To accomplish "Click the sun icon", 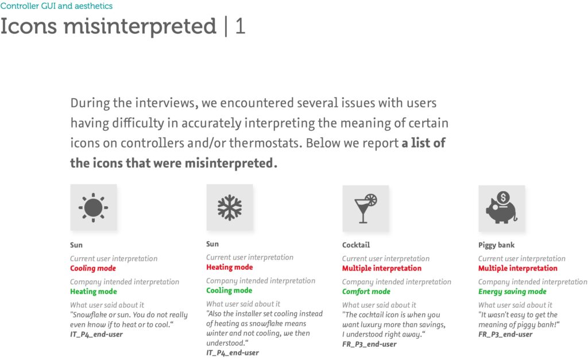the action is [x=94, y=207].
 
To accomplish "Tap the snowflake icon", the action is [x=230, y=207].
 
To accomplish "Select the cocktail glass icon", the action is [x=365, y=208].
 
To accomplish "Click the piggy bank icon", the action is [x=501, y=208].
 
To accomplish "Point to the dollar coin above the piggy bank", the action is [x=503, y=198].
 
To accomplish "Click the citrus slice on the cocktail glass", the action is [x=372, y=199].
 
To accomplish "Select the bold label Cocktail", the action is [x=356, y=245].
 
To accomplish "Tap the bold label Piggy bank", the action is [x=496, y=245].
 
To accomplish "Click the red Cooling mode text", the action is [x=93, y=268].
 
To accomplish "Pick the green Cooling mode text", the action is [x=229, y=291].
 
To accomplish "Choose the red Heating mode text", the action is [x=230, y=267].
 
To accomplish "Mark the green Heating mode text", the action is [x=94, y=291].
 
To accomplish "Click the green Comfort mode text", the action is [x=366, y=291].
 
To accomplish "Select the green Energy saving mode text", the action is [x=512, y=292].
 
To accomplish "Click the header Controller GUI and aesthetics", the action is [x=56, y=6].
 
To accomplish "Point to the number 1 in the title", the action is [x=241, y=26].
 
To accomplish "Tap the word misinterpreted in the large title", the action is [x=140, y=27].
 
